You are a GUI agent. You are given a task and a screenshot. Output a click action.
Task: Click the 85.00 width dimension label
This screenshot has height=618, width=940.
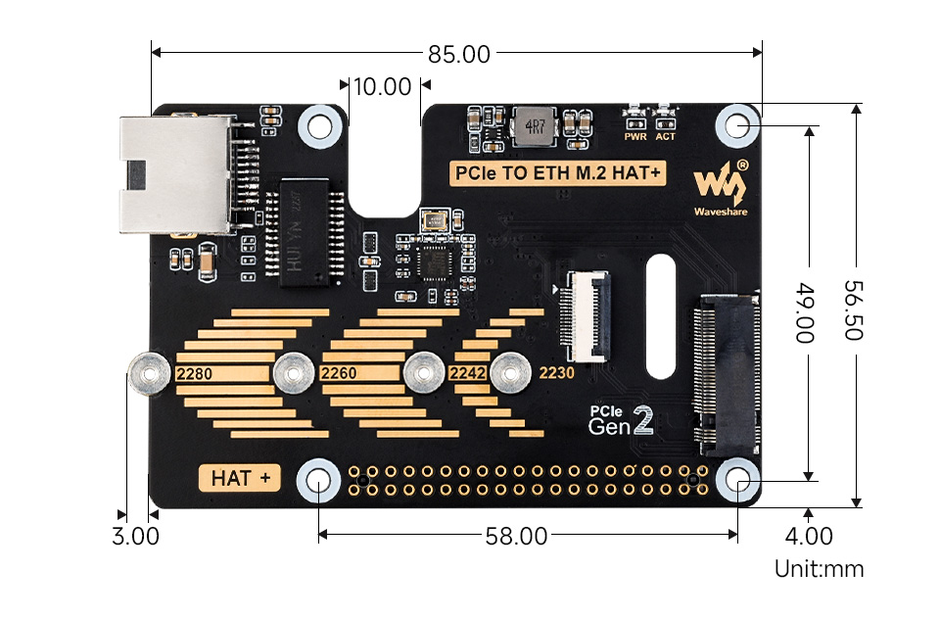[x=458, y=54]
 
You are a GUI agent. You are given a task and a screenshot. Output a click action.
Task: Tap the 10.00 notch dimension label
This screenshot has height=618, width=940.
[x=382, y=86]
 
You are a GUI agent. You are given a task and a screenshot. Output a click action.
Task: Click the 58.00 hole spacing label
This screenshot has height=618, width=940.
[x=516, y=536]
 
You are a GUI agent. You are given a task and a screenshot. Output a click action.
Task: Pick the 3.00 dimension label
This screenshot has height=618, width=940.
[x=135, y=536]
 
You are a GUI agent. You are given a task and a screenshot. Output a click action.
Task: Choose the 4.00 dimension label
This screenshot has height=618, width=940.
[x=809, y=536]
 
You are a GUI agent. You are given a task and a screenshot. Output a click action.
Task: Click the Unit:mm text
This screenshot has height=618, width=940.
[x=819, y=568]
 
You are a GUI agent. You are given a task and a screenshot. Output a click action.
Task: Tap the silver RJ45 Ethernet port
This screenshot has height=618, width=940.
[x=176, y=174]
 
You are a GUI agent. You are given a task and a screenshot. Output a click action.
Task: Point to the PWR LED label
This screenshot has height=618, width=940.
[x=634, y=136]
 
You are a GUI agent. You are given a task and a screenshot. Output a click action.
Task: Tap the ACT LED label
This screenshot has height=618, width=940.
[x=666, y=136]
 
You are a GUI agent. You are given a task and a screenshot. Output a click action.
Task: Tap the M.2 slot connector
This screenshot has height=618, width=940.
[x=727, y=371]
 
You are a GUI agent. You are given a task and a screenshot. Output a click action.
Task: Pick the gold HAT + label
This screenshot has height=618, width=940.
[x=240, y=478]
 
